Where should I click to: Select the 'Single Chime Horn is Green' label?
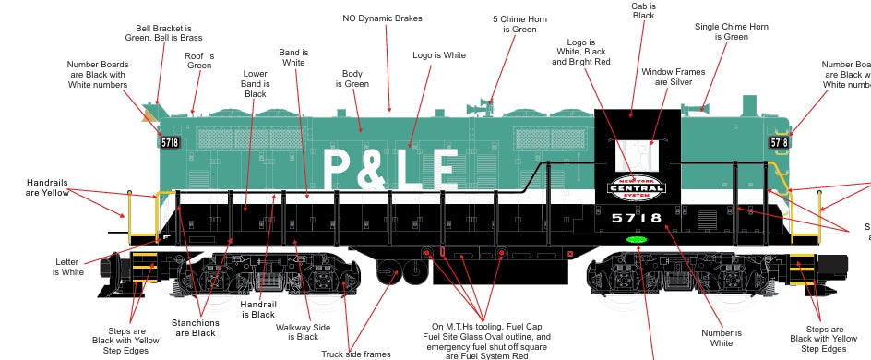click(734, 31)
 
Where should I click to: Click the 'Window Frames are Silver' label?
click(674, 77)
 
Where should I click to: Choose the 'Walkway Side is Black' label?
click(304, 331)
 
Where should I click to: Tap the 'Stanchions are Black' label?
click(196, 328)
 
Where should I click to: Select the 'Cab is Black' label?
click(643, 11)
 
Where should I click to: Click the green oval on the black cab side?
click(636, 241)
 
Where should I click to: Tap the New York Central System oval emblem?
click(636, 187)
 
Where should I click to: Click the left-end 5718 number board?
click(169, 142)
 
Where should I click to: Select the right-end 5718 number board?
click(779, 142)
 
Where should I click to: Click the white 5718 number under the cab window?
click(636, 219)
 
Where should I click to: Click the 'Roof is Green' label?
click(199, 60)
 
